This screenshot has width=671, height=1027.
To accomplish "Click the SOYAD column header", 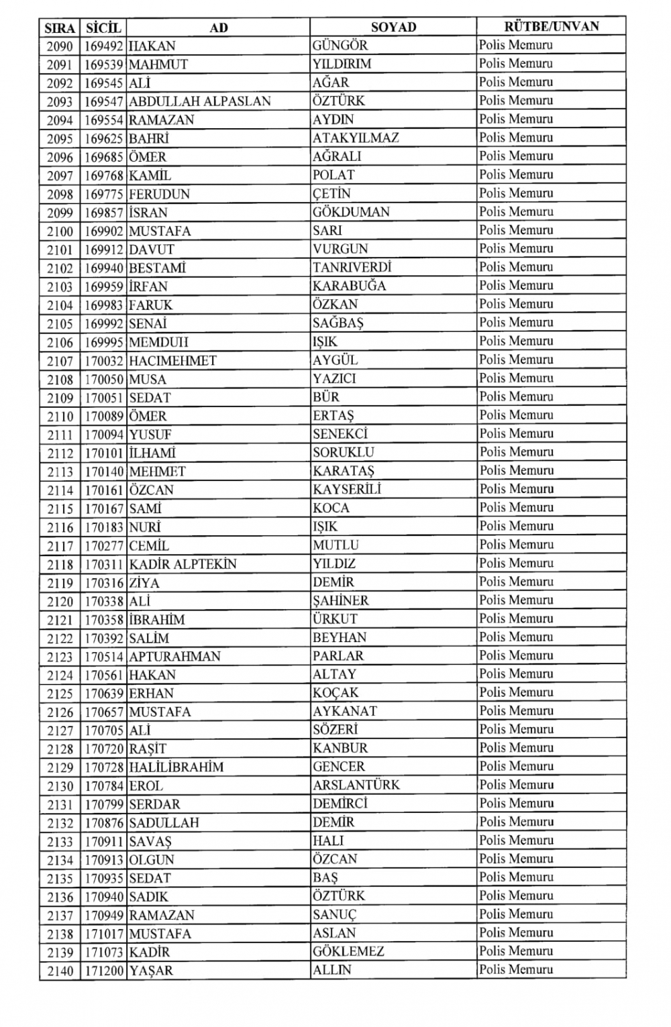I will pyautogui.click(x=393, y=28).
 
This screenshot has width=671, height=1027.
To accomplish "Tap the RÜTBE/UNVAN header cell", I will pyautogui.click(x=551, y=27).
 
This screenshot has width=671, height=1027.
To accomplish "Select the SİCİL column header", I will pyautogui.click(x=103, y=28).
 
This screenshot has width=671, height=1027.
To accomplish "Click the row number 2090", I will pyautogui.click(x=60, y=46).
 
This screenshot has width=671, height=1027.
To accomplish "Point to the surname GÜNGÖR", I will pyautogui.click(x=340, y=46).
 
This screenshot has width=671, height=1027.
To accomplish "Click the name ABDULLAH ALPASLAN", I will pyautogui.click(x=199, y=101).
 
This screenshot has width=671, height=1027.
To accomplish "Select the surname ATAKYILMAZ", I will pyautogui.click(x=356, y=138).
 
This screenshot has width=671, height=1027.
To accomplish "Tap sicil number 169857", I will pyautogui.click(x=103, y=213).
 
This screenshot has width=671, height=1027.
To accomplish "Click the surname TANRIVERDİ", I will pyautogui.click(x=352, y=268).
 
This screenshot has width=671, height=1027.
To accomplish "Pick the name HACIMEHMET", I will pyautogui.click(x=172, y=360).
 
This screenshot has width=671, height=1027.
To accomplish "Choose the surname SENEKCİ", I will pyautogui.click(x=340, y=434).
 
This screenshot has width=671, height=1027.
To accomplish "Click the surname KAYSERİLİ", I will pyautogui.click(x=346, y=490).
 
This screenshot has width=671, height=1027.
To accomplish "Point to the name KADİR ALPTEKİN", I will pyautogui.click(x=183, y=564).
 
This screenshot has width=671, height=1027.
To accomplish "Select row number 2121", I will pyautogui.click(x=60, y=620).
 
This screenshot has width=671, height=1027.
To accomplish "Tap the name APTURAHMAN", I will pyautogui.click(x=174, y=657).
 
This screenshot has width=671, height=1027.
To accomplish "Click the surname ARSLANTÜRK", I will pyautogui.click(x=356, y=785).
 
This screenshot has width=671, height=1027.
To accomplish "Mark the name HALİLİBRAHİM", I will pyautogui.click(x=176, y=767).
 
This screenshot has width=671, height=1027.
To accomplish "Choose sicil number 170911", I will pyautogui.click(x=103, y=841).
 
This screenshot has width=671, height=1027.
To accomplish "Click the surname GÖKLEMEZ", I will pyautogui.click(x=348, y=952).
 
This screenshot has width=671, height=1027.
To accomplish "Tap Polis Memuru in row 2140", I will pyautogui.click(x=516, y=970).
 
